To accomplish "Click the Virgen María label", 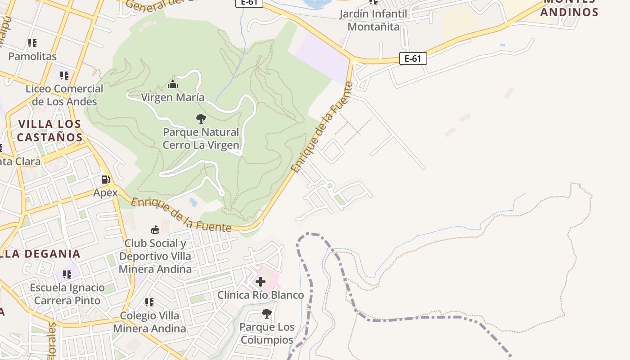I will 173,97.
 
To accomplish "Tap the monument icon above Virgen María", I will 173,84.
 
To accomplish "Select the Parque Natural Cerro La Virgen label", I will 201,139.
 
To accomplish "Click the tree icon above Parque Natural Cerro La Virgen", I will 201,119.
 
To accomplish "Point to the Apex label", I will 105,193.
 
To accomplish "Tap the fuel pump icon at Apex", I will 105,180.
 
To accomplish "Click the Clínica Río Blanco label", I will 261,295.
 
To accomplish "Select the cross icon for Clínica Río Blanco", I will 261,282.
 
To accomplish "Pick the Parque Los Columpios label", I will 267,333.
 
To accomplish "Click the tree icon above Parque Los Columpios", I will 267,313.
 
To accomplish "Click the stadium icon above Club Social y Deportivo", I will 155,230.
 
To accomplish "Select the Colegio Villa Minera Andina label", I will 149,322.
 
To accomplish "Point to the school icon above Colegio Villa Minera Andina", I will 149,302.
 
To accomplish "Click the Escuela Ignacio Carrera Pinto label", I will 67,294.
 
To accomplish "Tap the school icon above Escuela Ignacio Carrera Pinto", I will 67,274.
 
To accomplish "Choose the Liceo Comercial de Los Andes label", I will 64,95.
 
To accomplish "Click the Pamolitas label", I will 32,56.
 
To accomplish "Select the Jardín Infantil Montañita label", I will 373,20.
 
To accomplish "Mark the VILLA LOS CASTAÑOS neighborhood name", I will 49,130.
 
